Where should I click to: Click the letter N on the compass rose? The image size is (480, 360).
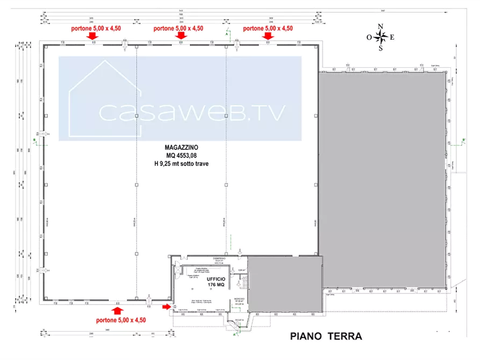coord(381,26)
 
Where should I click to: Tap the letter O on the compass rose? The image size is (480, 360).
coord(369,38)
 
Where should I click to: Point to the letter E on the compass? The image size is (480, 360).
coord(392,37)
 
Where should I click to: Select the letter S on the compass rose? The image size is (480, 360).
coord(381,49)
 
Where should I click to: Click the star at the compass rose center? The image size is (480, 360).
coord(381,37)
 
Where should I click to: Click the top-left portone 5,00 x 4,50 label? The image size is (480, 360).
coord(92,28)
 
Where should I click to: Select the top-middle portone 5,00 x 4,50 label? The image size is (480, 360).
coord(178,28)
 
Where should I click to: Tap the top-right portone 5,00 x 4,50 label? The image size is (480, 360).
coord(268,28)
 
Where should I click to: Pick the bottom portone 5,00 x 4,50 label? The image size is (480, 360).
coord(121,320)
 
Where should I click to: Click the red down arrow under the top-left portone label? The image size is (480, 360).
coord(92,36)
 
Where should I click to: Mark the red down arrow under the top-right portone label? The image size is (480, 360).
coord(268,36)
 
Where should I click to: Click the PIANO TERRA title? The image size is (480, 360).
coord(327,337)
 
